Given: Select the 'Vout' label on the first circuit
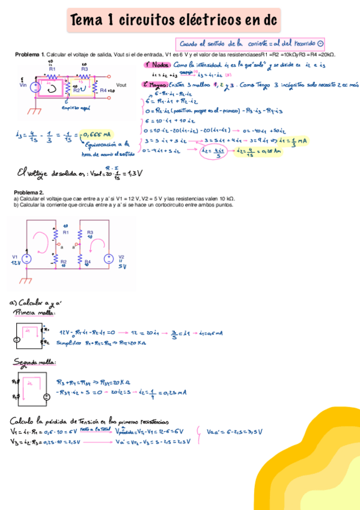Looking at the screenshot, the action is (121, 85).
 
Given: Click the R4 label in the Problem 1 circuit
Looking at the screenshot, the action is (104, 90).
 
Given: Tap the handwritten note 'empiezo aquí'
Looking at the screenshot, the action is (75, 108).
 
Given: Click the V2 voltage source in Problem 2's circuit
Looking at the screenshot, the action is (109, 259).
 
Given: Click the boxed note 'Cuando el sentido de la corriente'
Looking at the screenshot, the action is (251, 43).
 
